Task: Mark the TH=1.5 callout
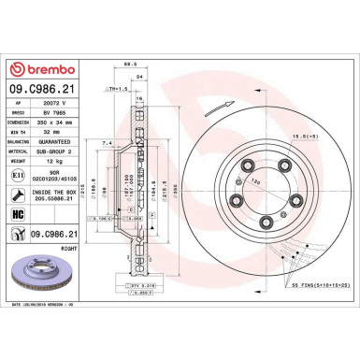(117, 88)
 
